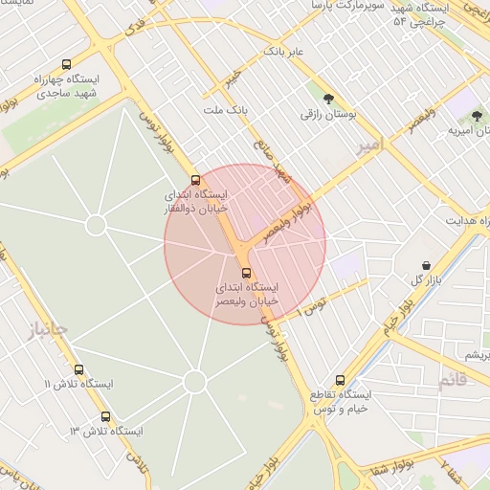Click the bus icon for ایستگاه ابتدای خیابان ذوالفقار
click(196, 180)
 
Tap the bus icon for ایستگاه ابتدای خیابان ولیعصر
click(247, 273)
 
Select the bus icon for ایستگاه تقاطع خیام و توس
click(340, 380)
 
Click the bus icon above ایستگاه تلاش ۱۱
click(78, 369)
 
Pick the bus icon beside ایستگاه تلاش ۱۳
click(105, 416)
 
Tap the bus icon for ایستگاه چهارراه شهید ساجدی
click(65, 65)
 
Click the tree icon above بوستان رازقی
click(329, 99)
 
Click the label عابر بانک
click(284, 50)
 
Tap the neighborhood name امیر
click(367, 145)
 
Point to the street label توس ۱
click(313, 306)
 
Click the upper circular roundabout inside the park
click(96, 225)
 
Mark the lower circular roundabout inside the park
click(195, 382)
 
